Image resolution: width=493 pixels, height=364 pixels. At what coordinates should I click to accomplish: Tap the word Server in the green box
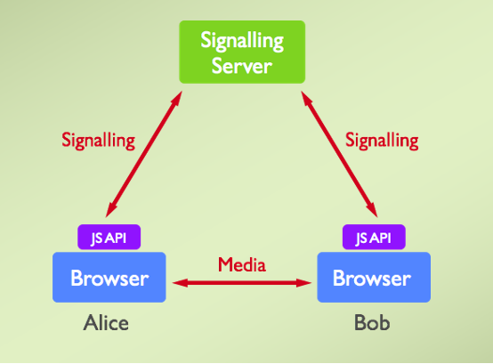(x=242, y=66)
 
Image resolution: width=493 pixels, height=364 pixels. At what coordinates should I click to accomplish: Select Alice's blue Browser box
(x=110, y=279)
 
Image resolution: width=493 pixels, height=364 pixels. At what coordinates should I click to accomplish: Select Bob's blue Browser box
(x=373, y=279)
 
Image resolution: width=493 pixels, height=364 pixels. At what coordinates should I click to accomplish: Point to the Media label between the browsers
(x=242, y=264)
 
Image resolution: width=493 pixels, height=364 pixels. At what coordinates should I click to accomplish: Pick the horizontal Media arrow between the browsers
(x=242, y=283)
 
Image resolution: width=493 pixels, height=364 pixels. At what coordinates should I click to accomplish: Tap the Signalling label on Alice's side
(x=98, y=140)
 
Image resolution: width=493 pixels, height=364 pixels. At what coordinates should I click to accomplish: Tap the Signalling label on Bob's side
(x=381, y=140)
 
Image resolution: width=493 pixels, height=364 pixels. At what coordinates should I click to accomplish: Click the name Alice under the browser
(x=107, y=323)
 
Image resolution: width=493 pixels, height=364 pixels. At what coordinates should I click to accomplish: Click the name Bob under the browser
(x=369, y=323)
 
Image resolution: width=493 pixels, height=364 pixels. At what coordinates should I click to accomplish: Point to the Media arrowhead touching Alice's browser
(x=179, y=283)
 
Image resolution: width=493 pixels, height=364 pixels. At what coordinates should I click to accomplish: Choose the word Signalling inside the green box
(x=242, y=41)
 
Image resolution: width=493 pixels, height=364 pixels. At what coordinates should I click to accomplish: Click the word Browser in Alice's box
(x=110, y=279)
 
